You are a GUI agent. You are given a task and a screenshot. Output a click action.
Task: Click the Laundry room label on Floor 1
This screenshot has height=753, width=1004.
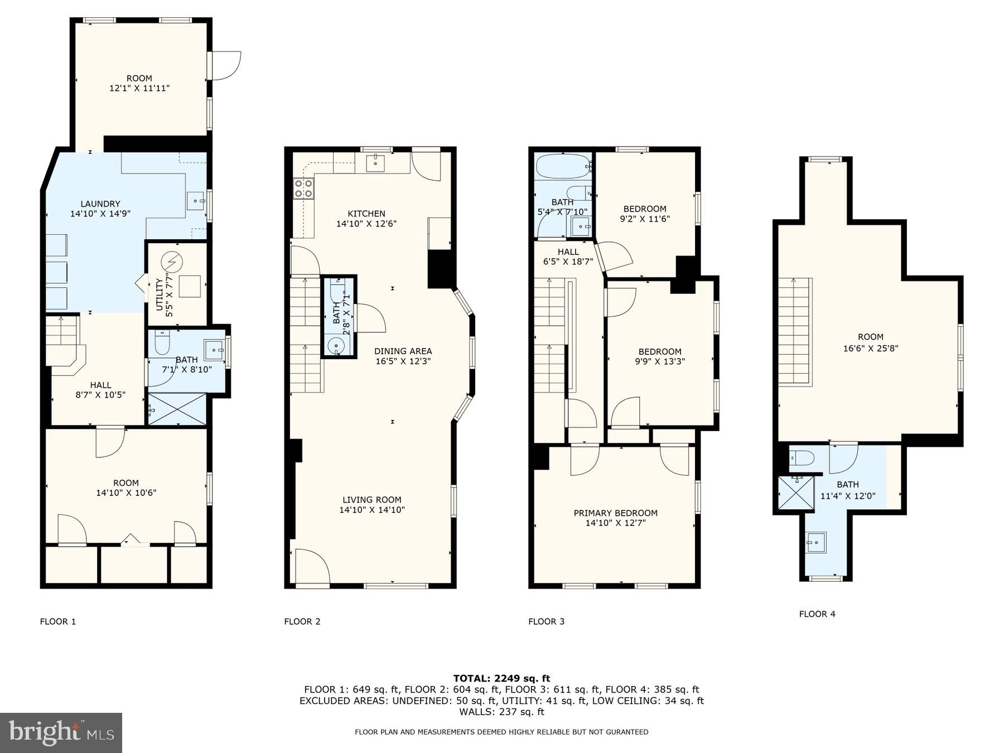100,204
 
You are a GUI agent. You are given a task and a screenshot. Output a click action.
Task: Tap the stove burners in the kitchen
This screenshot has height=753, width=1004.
303,189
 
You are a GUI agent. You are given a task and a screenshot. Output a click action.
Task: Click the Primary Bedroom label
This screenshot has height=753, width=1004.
615,513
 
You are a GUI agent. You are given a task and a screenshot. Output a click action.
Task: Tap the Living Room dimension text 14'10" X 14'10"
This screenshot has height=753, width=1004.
372,510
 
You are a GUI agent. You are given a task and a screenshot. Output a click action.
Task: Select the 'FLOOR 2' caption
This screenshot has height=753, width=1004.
302,621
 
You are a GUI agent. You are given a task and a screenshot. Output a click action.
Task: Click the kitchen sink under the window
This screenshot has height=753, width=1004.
376,163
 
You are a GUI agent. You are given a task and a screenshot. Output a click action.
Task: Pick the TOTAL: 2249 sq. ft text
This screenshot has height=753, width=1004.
501,678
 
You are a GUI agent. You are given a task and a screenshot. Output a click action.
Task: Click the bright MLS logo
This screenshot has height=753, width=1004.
61,732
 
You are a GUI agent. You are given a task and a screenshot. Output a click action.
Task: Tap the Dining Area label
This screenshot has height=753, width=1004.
403,351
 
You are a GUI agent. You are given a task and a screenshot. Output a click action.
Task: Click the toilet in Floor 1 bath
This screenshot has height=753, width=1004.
162,344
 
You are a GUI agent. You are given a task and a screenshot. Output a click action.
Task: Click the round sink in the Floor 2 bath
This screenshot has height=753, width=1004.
336,346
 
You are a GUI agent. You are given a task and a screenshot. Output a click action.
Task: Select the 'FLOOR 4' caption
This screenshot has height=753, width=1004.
817,614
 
